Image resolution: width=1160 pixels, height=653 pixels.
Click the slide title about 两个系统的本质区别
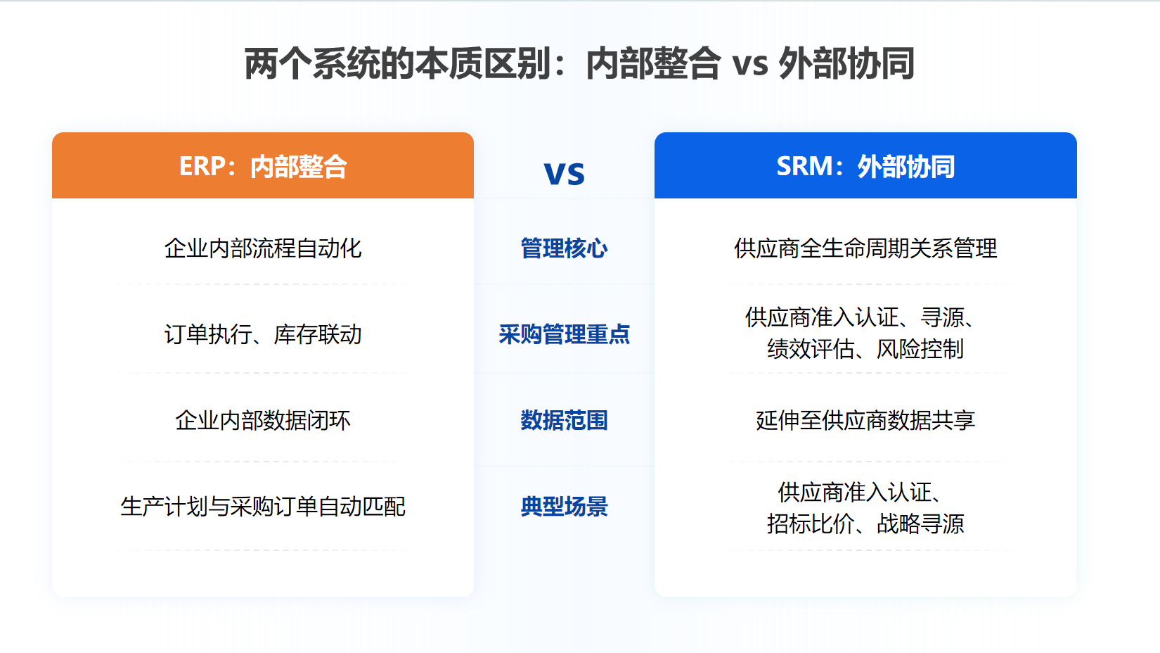pyautogui.click(x=579, y=63)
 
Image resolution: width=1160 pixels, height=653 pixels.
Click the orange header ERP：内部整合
pyautogui.click(x=263, y=166)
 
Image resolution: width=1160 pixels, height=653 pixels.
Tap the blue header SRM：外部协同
pyautogui.click(x=865, y=166)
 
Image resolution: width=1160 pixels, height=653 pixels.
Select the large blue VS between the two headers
pyautogui.click(x=564, y=173)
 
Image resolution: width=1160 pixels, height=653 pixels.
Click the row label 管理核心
pyautogui.click(x=564, y=248)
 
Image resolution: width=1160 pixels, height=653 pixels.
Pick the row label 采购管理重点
pyautogui.click(x=564, y=334)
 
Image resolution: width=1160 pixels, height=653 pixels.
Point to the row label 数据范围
pyautogui.click(x=564, y=420)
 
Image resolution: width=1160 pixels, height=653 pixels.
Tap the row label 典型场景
pyautogui.click(x=564, y=507)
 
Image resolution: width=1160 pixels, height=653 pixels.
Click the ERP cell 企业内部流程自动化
pyautogui.click(x=263, y=248)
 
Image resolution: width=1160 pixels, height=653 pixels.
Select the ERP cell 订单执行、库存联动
pyautogui.click(x=263, y=334)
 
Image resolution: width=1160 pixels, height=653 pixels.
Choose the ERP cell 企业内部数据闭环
pyautogui.click(x=263, y=420)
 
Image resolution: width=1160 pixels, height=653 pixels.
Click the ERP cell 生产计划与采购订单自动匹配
pyautogui.click(x=263, y=507)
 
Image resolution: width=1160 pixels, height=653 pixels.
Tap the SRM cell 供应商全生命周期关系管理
pyautogui.click(x=865, y=248)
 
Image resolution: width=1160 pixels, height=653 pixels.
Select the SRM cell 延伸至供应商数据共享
pyautogui.click(x=865, y=420)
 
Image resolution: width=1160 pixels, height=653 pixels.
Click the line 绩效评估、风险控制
pyautogui.click(x=865, y=349)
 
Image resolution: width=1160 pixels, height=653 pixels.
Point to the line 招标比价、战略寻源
pyautogui.click(x=865, y=524)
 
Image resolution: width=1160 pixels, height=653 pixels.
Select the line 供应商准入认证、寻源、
pyautogui.click(x=861, y=317)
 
